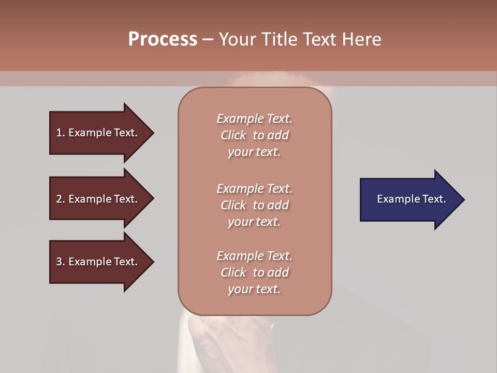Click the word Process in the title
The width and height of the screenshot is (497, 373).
click(163, 39)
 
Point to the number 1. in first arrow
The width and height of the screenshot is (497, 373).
click(61, 133)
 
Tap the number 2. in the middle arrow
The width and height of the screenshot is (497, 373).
click(61, 199)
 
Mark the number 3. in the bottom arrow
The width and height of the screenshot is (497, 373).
click(61, 262)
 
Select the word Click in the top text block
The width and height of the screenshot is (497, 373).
click(233, 135)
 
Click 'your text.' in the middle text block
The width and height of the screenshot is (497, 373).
click(254, 222)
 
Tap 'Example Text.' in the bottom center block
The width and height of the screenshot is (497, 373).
click(254, 256)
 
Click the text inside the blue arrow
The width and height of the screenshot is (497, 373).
click(411, 199)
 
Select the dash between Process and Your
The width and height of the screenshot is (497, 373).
click(208, 39)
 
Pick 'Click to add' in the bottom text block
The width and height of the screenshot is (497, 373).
click(254, 272)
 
